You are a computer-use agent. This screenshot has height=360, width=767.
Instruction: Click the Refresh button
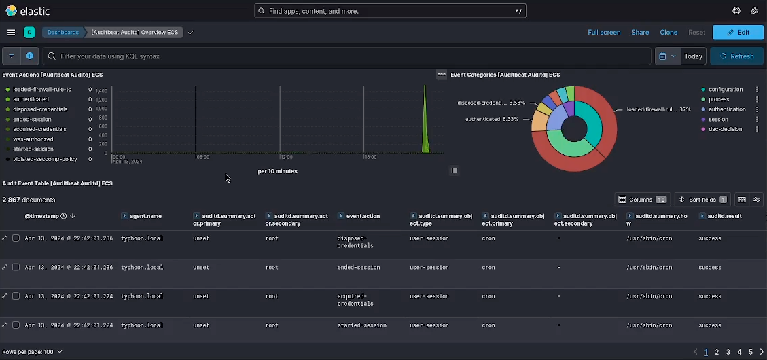(x=736, y=56)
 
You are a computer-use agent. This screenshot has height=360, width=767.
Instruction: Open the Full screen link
(x=604, y=32)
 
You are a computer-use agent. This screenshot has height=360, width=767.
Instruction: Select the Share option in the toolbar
(x=640, y=32)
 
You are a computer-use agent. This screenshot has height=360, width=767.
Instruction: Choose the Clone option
(x=668, y=32)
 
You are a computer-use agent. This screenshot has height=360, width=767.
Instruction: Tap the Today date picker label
(x=693, y=56)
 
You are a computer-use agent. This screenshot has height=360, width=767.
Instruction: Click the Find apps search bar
(x=390, y=11)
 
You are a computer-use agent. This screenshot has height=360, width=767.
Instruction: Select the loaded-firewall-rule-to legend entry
(x=42, y=90)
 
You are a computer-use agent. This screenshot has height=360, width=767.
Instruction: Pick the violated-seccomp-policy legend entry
(x=45, y=159)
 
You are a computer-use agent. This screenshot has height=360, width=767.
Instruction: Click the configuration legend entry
(x=725, y=90)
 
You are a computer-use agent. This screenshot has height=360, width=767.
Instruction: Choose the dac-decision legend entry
(x=725, y=129)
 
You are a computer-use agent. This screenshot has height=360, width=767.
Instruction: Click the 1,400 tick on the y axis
(x=101, y=90)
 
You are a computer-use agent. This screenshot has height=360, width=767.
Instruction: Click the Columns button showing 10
(x=642, y=200)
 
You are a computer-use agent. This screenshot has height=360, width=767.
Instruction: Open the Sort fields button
(x=702, y=200)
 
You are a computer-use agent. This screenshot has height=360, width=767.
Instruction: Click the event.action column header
(x=363, y=216)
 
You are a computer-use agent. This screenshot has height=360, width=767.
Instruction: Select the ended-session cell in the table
(x=359, y=268)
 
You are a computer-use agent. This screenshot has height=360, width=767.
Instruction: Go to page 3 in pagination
(x=728, y=352)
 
